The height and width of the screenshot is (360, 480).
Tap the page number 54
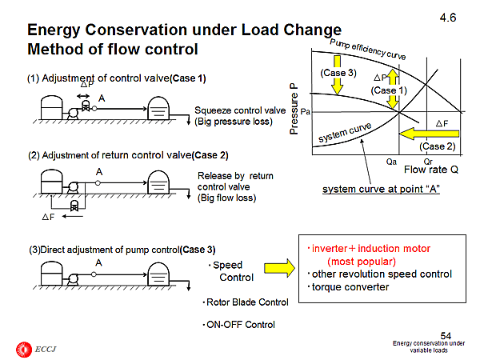448,334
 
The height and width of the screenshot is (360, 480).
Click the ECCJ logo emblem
21,348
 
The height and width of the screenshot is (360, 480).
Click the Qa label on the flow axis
390,160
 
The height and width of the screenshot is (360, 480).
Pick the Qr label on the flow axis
428,160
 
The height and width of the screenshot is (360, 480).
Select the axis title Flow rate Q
431,170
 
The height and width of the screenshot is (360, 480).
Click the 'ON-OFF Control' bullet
240,324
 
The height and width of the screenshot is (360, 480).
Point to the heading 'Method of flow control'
113,49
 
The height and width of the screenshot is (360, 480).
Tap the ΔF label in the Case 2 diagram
48,216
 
